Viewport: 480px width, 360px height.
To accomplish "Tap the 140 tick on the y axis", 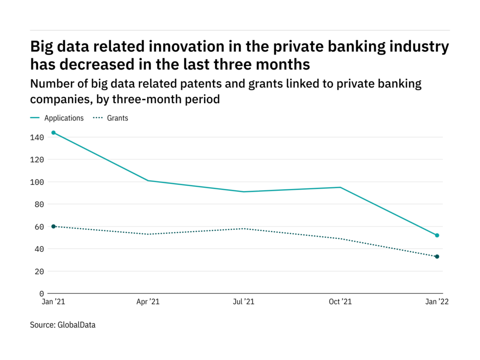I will click(x=37, y=137).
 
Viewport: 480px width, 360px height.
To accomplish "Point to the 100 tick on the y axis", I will click(x=37, y=182).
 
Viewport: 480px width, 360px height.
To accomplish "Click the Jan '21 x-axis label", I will click(x=53, y=302).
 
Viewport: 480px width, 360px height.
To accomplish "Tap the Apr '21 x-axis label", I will click(x=148, y=302).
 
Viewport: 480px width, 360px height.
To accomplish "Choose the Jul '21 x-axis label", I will click(x=244, y=302).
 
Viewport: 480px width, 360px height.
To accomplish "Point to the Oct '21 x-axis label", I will click(x=340, y=302).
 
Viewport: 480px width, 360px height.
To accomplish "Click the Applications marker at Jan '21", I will click(x=53, y=133).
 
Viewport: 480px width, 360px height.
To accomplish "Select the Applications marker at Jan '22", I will click(x=437, y=235).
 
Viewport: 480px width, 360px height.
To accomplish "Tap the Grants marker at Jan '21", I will click(x=53, y=226).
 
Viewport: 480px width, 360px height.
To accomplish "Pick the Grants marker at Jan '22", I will click(x=437, y=256).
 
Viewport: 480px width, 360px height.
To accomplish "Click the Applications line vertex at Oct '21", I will click(x=341, y=187).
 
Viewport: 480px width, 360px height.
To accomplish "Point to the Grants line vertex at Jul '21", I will click(x=244, y=229).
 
